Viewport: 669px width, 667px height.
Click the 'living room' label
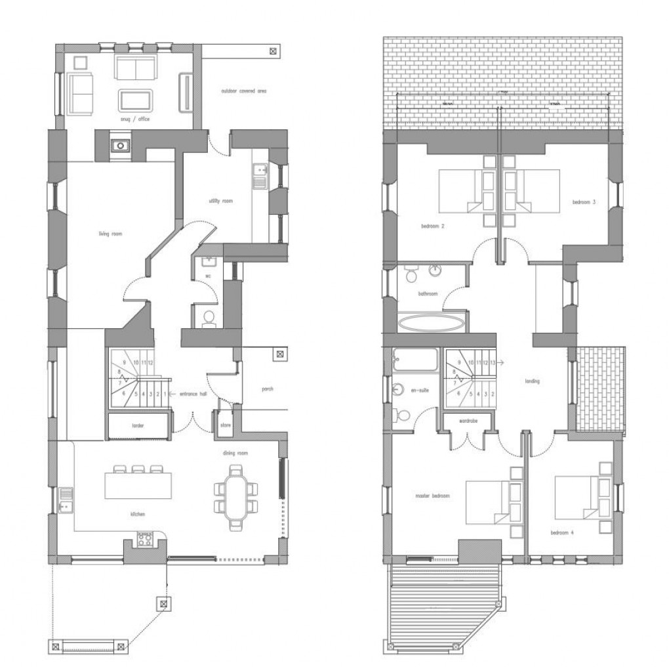(111, 234)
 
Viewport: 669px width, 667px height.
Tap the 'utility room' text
(220, 201)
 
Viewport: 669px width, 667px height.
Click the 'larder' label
(138, 426)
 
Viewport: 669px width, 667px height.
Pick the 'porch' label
(267, 389)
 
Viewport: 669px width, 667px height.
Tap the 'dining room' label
(234, 453)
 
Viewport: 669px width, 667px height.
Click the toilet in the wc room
(209, 318)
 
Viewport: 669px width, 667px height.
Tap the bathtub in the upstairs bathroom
(431, 322)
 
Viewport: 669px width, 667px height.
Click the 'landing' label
(532, 381)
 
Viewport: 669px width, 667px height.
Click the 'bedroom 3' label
(584, 202)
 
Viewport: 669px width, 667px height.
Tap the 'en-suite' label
(419, 391)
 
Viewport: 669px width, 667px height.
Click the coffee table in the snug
(136, 100)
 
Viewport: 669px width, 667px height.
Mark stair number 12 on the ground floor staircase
(151, 362)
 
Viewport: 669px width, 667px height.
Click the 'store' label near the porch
(225, 425)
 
